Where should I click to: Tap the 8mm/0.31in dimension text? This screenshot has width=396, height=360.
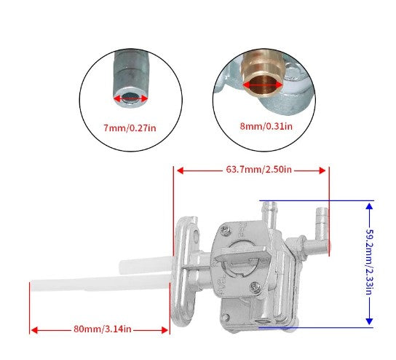pyautogui.click(x=266, y=125)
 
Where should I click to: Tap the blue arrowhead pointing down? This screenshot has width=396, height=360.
pyautogui.click(x=369, y=321)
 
